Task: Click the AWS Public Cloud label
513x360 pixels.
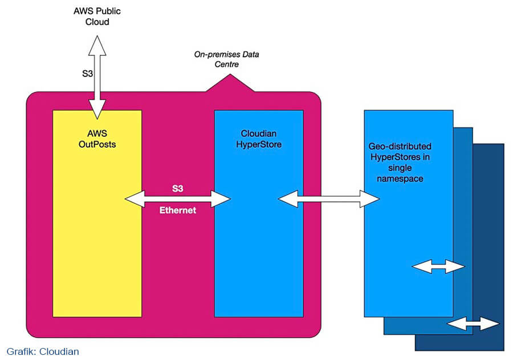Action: (97, 17)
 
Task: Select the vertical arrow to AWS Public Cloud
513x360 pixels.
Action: (97, 78)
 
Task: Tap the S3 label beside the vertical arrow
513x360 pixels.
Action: (87, 74)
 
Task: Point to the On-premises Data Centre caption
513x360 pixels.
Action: (226, 59)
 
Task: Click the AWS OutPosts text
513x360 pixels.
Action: (97, 139)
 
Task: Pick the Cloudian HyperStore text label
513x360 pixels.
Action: (259, 139)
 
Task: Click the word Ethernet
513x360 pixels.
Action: (178, 211)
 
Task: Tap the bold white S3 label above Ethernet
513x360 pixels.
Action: (178, 188)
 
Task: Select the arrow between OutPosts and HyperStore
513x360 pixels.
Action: (178, 199)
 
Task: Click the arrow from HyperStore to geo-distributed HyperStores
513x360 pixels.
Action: (328, 199)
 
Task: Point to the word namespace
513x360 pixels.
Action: (400, 179)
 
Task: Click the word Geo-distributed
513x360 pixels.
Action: (400, 146)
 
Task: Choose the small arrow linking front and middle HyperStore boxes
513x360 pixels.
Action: (438, 266)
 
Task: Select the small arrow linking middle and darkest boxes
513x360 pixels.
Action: (473, 323)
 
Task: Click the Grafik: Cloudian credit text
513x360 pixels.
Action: (43, 351)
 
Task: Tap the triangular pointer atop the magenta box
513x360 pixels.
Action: (230, 83)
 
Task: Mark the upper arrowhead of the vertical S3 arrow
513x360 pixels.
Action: (97, 45)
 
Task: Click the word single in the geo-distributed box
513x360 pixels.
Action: (400, 168)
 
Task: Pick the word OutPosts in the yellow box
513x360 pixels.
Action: (97, 144)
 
